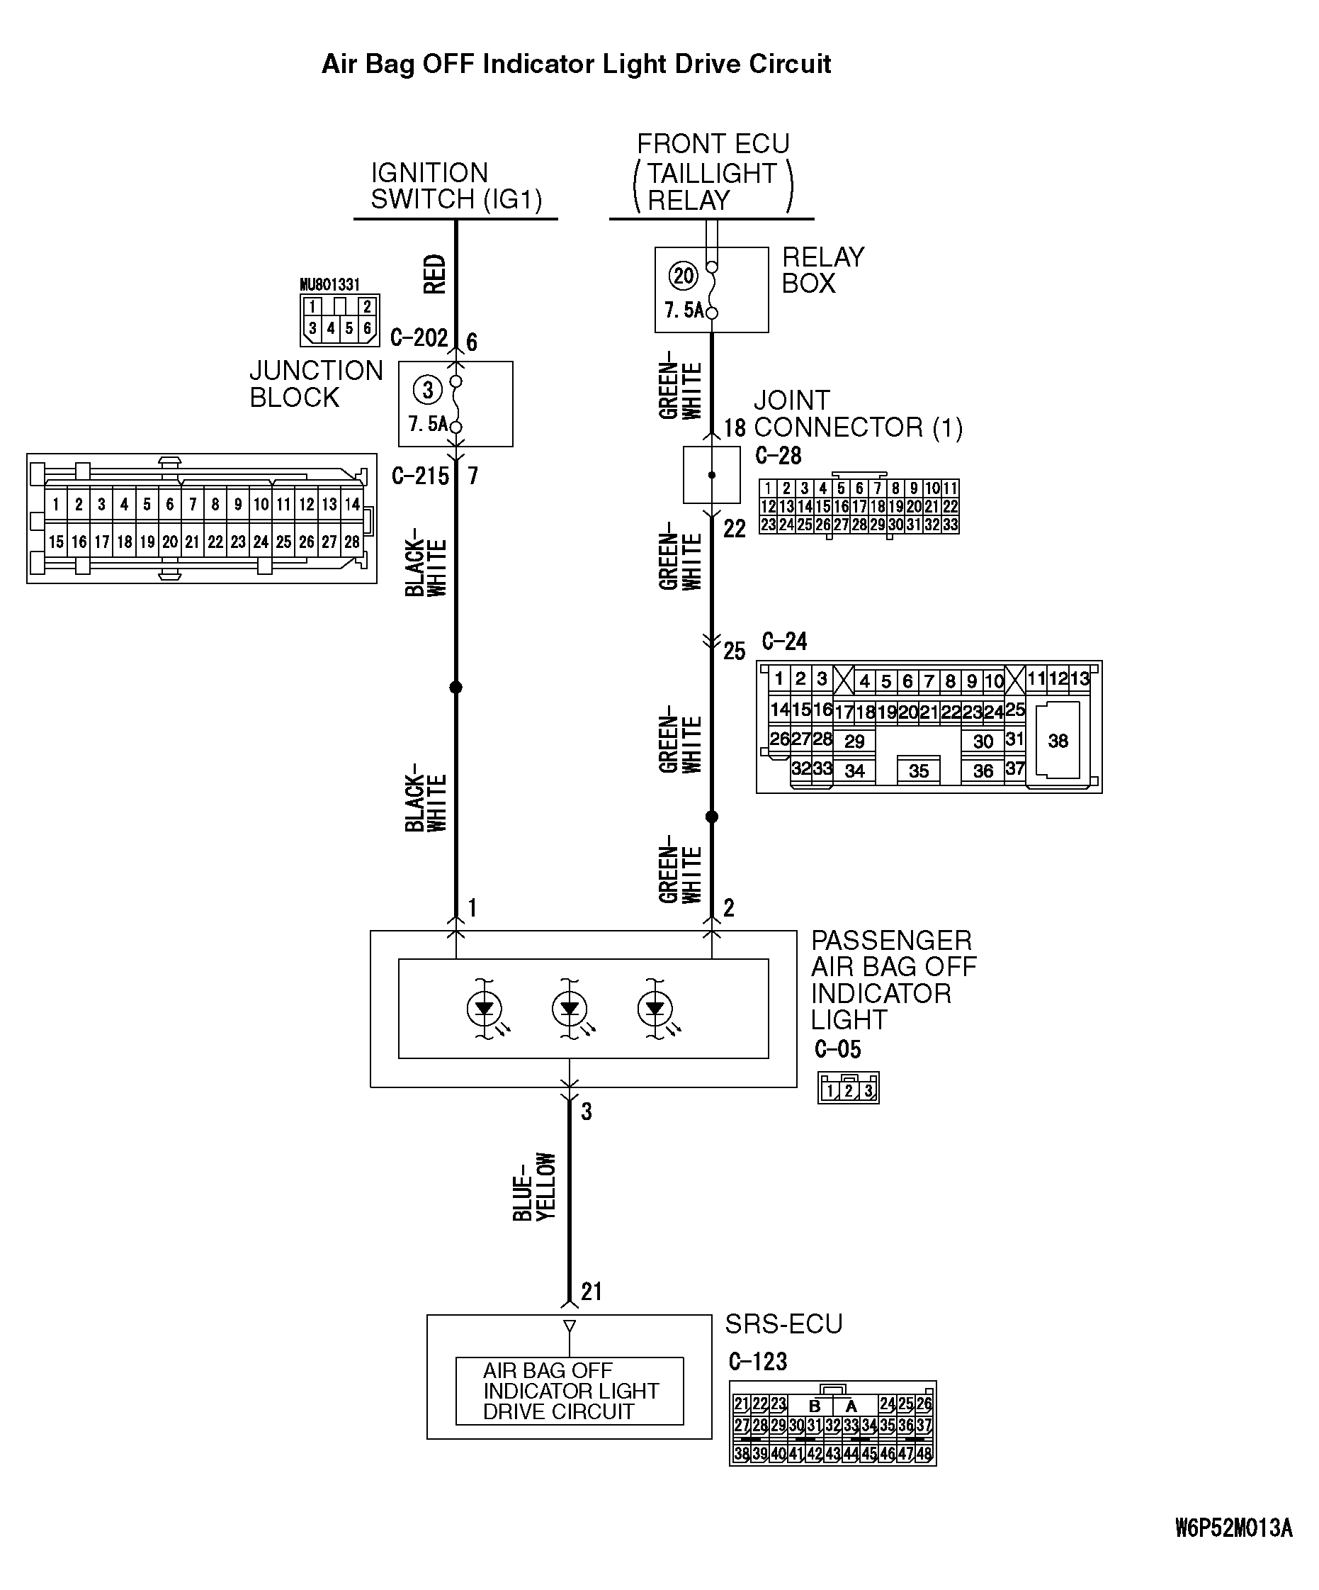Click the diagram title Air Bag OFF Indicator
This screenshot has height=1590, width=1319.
[576, 65]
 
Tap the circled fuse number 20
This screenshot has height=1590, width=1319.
[683, 276]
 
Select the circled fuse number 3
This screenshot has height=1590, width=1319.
[428, 390]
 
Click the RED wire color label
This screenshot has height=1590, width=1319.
[435, 274]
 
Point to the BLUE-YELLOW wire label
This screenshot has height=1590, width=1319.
[534, 1187]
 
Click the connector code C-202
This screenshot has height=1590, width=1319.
[419, 337]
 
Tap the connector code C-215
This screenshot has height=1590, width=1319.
[420, 476]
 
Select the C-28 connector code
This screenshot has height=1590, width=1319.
[778, 456]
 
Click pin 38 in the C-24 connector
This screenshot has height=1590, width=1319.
[1057, 741]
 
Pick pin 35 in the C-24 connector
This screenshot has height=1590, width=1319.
[918, 771]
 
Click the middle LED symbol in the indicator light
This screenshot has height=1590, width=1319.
[569, 1009]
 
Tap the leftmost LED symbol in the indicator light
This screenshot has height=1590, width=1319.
[485, 1009]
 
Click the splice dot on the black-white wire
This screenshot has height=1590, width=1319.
[455, 688]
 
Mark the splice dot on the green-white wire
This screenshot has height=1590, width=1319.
[711, 817]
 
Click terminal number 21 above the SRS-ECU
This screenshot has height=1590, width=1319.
[591, 1291]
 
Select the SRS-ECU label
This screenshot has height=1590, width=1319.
[783, 1324]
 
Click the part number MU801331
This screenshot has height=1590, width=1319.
[329, 285]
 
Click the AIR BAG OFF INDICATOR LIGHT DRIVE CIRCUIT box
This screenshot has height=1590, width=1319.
[569, 1391]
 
